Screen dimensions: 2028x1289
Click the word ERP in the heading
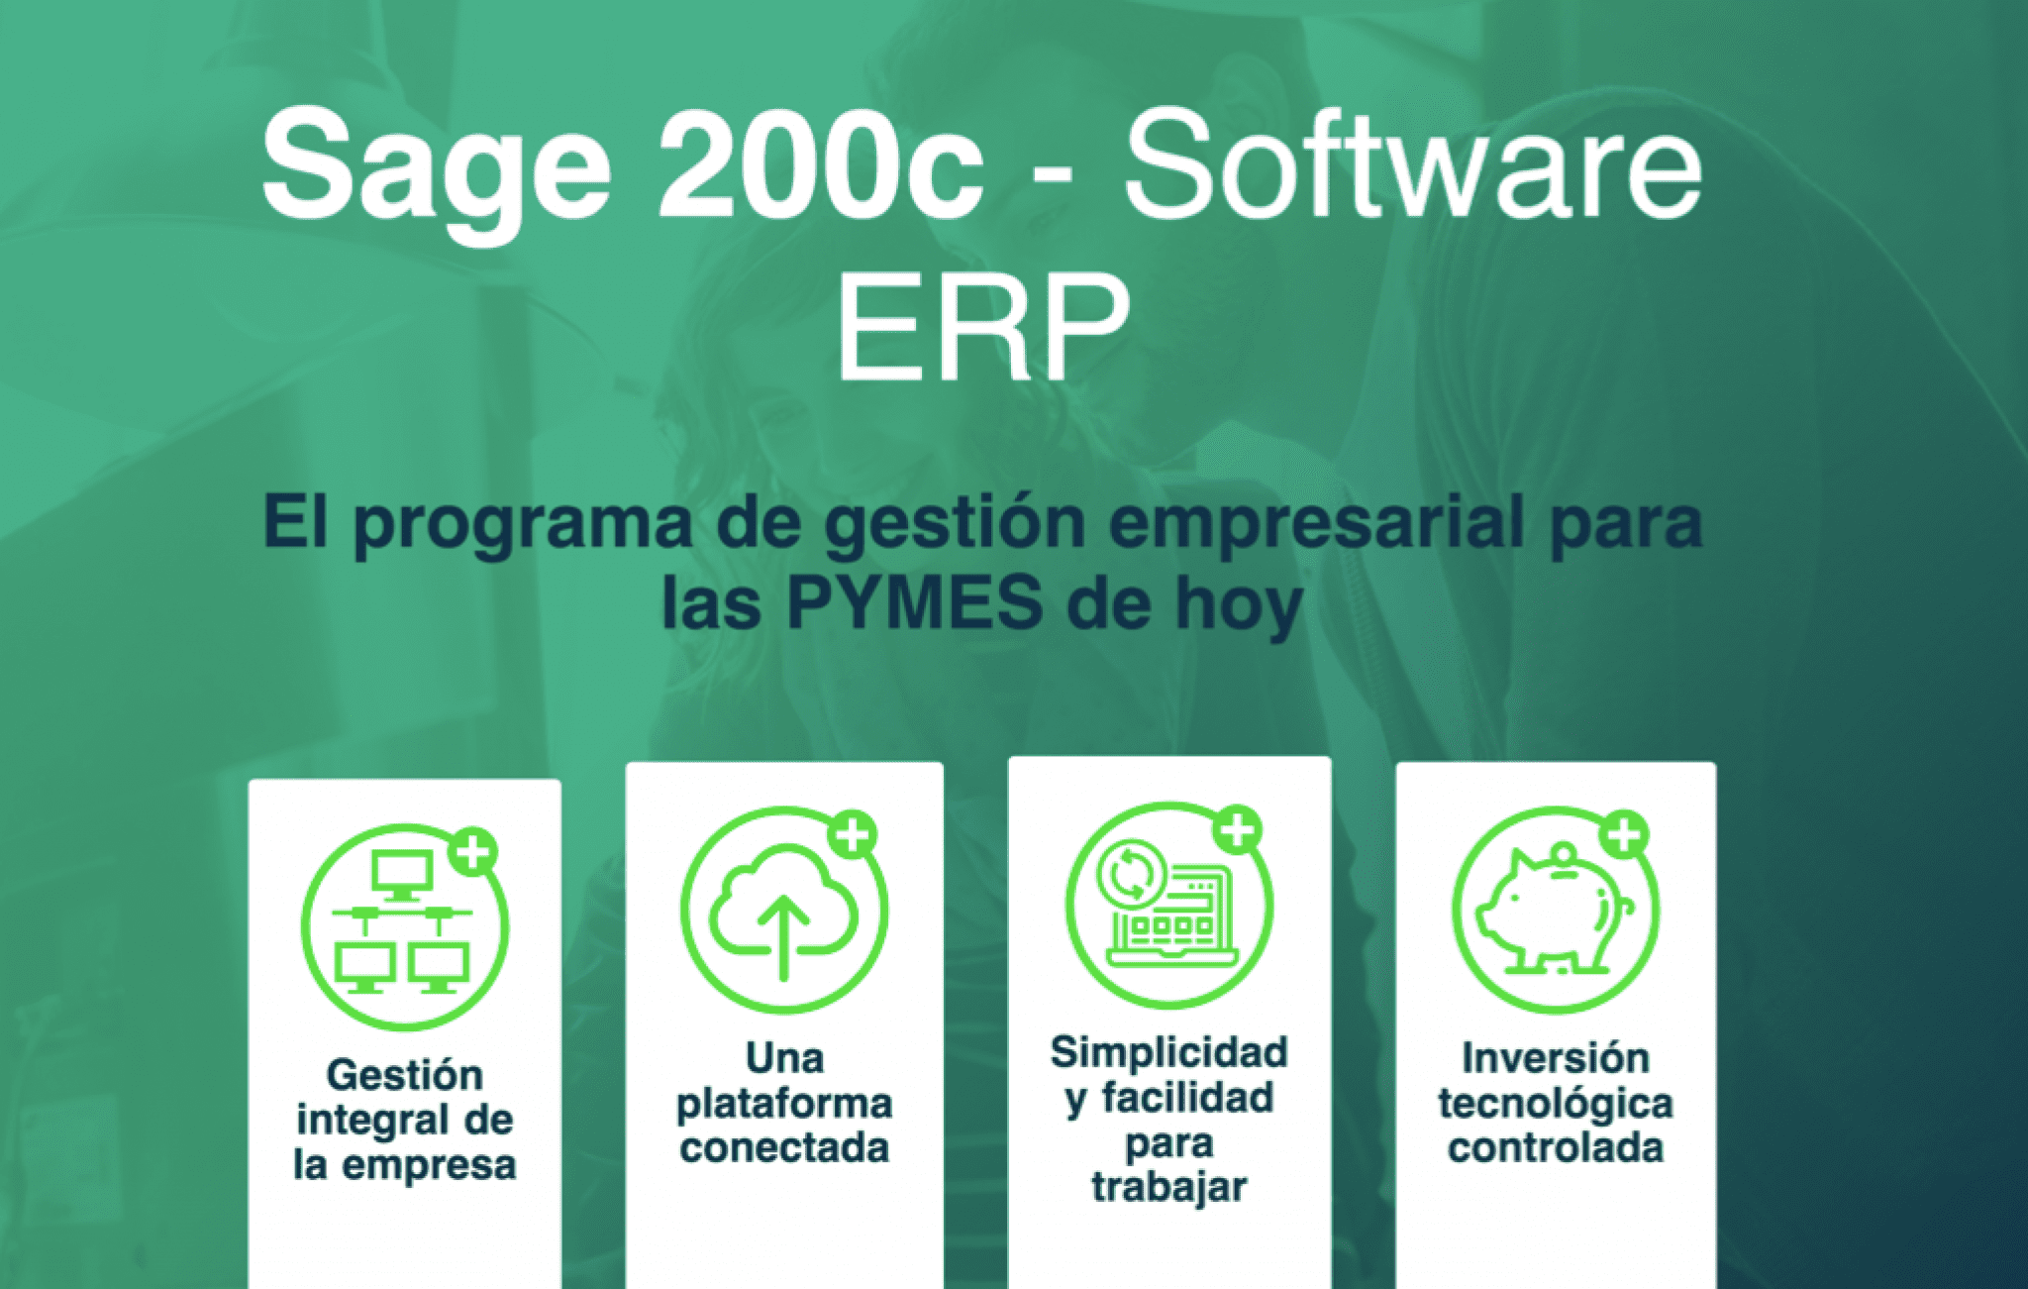[x=983, y=327]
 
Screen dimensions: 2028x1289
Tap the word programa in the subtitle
[x=523, y=525]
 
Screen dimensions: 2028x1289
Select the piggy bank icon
[x=1556, y=910]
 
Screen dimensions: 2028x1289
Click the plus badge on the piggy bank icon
[x=1624, y=835]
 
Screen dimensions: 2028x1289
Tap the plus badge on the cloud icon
[x=853, y=834]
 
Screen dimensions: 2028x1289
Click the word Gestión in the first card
[x=405, y=1075]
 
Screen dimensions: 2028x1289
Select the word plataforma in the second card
[x=784, y=1104]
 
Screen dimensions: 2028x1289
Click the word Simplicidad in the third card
[x=1169, y=1053]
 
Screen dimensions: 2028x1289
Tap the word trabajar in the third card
[x=1169, y=1187]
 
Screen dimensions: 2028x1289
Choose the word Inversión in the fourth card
[x=1556, y=1058]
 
